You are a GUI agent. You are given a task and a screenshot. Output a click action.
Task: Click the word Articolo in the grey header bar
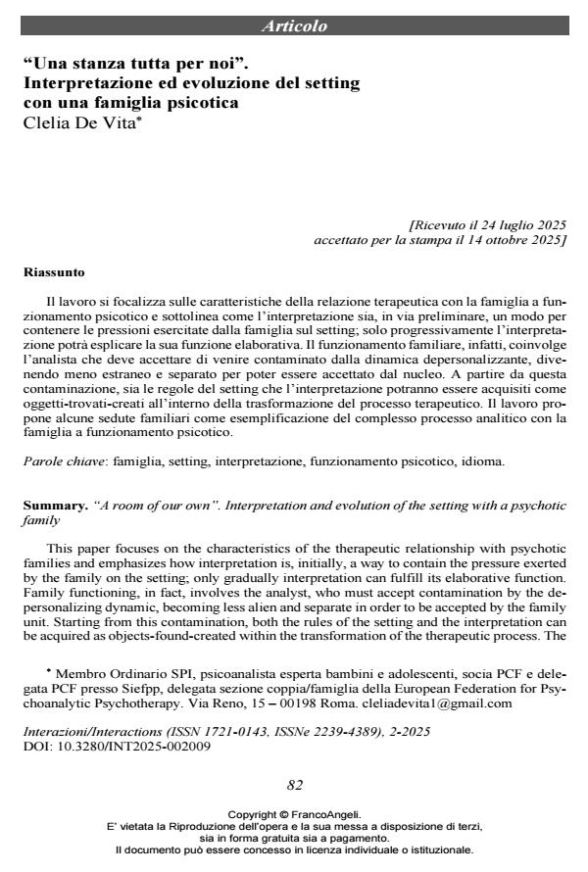(x=295, y=26)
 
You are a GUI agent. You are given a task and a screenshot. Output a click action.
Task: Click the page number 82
(x=294, y=783)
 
